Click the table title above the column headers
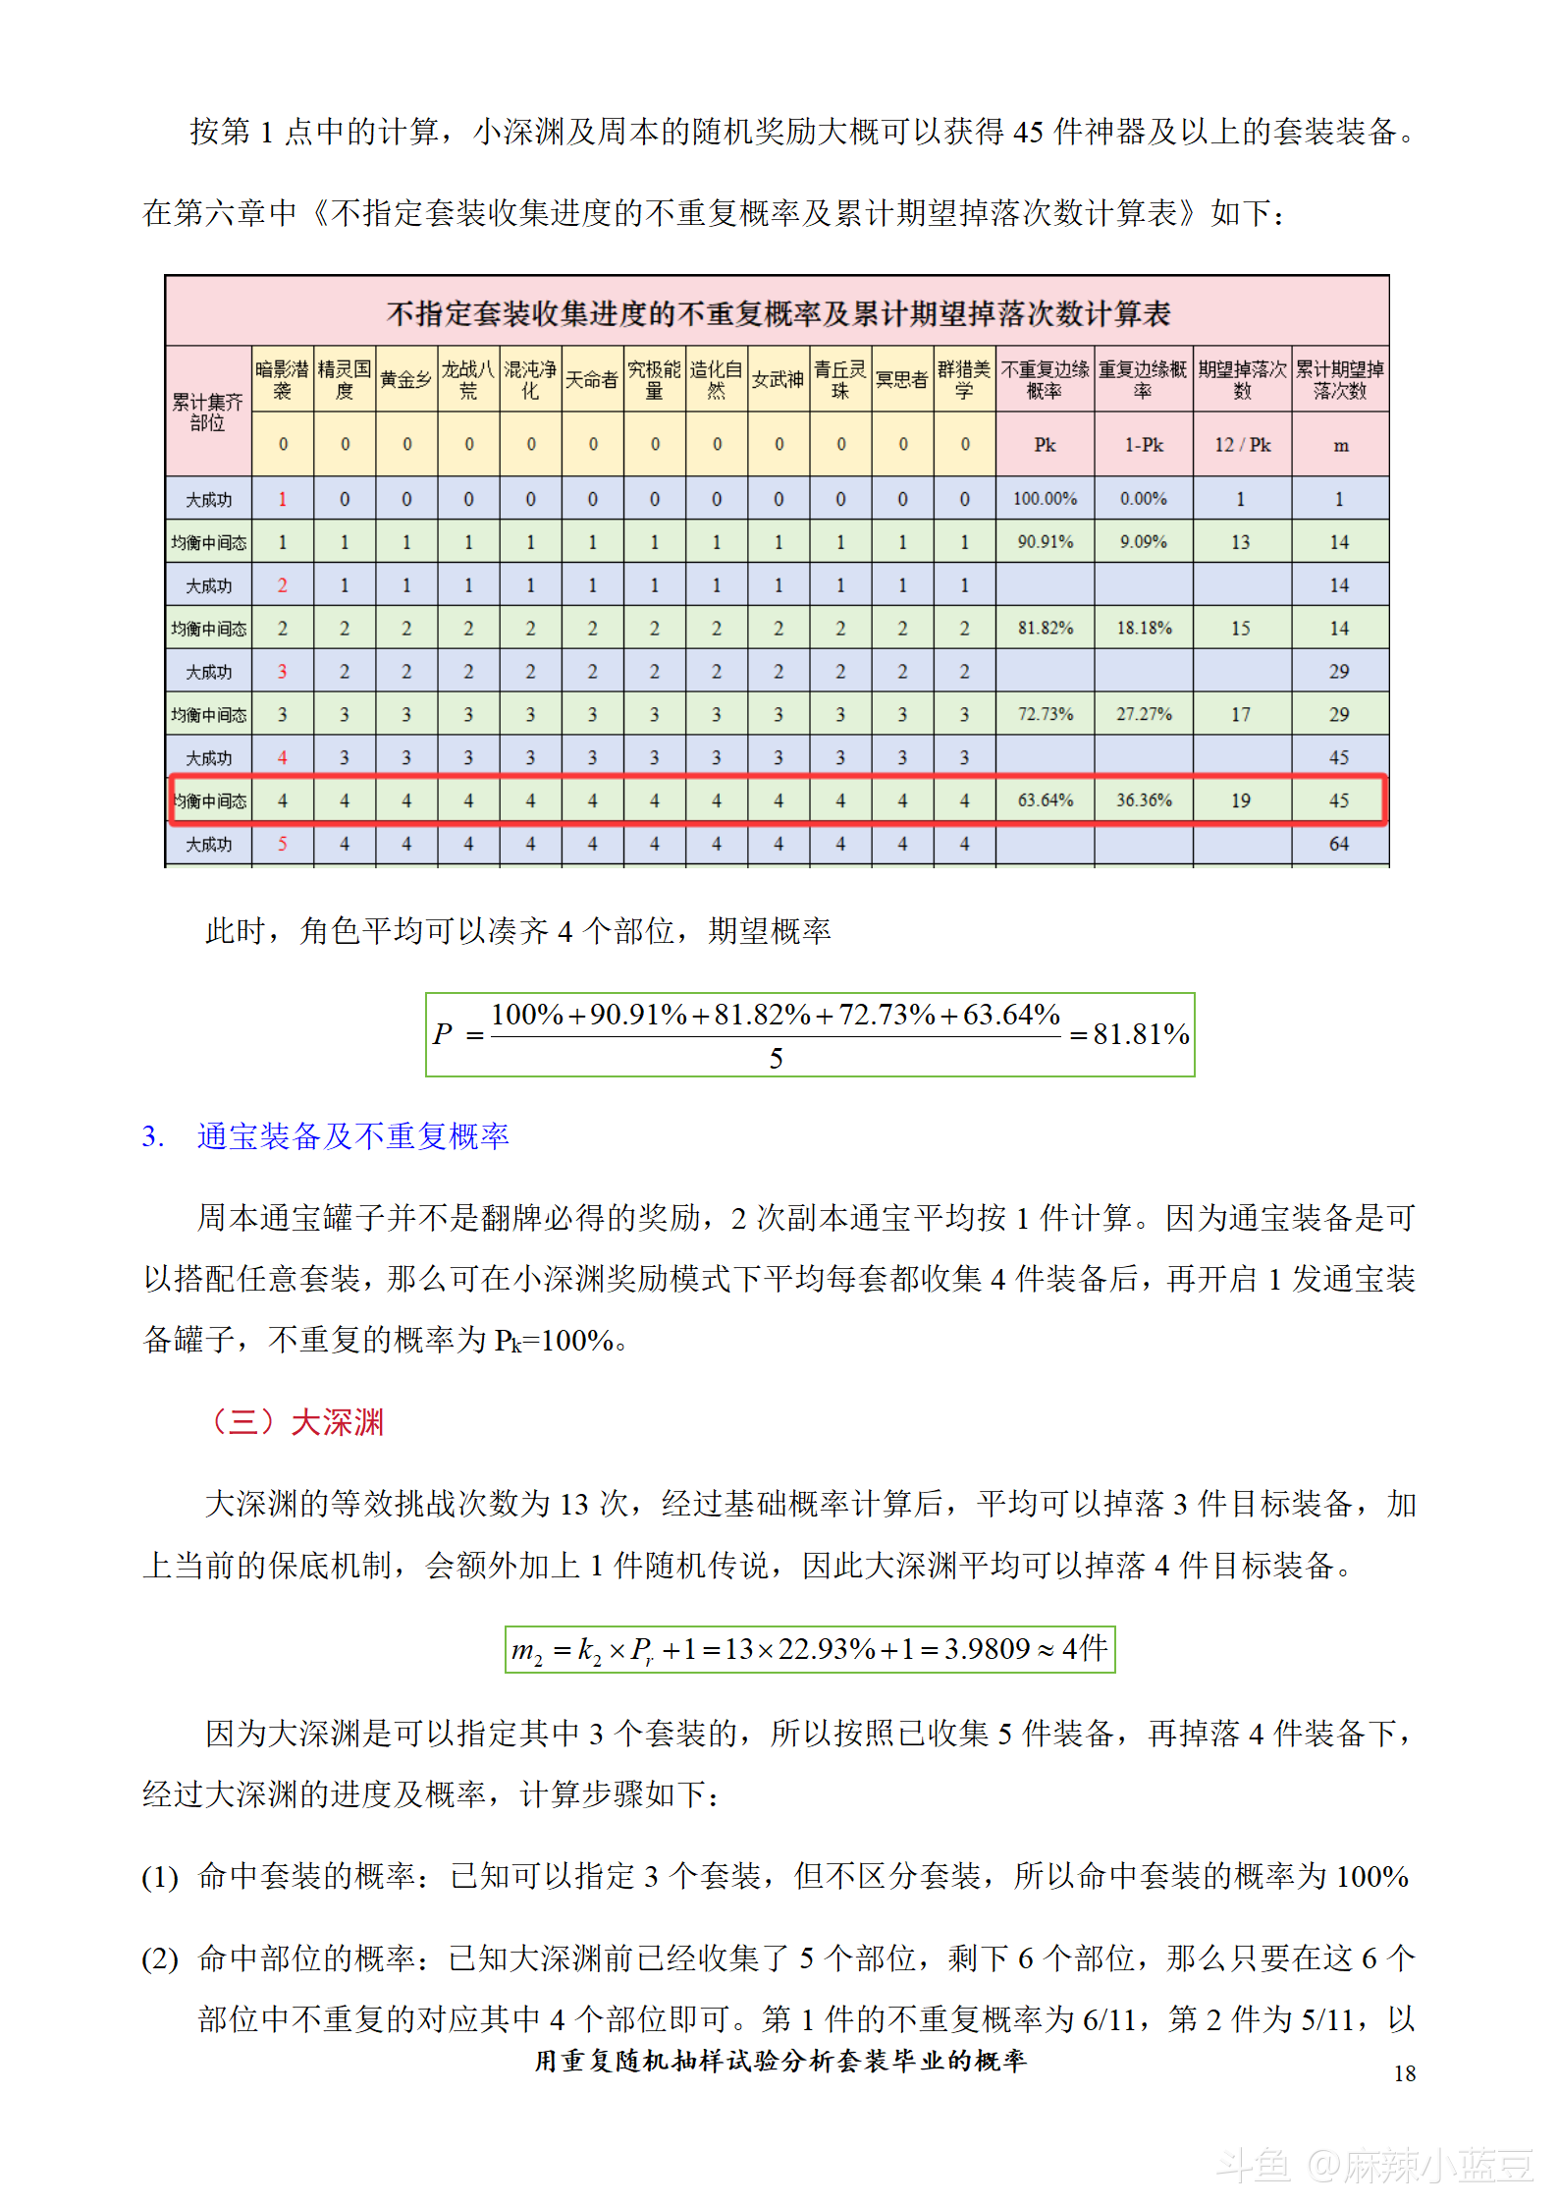(778, 313)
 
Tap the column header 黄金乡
(405, 380)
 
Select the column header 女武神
(778, 380)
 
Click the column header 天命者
(592, 380)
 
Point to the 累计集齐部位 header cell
(208, 413)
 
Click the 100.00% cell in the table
(1045, 499)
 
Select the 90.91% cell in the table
(1045, 542)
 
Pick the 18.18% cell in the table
(1144, 629)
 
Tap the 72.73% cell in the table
(1045, 714)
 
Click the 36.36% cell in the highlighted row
(1144, 800)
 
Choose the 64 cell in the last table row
(1339, 844)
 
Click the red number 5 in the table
(283, 844)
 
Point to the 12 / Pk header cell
(1242, 445)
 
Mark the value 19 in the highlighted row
(1241, 800)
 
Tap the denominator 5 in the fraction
(776, 1059)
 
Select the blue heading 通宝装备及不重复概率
(352, 1136)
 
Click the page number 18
(1404, 2073)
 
